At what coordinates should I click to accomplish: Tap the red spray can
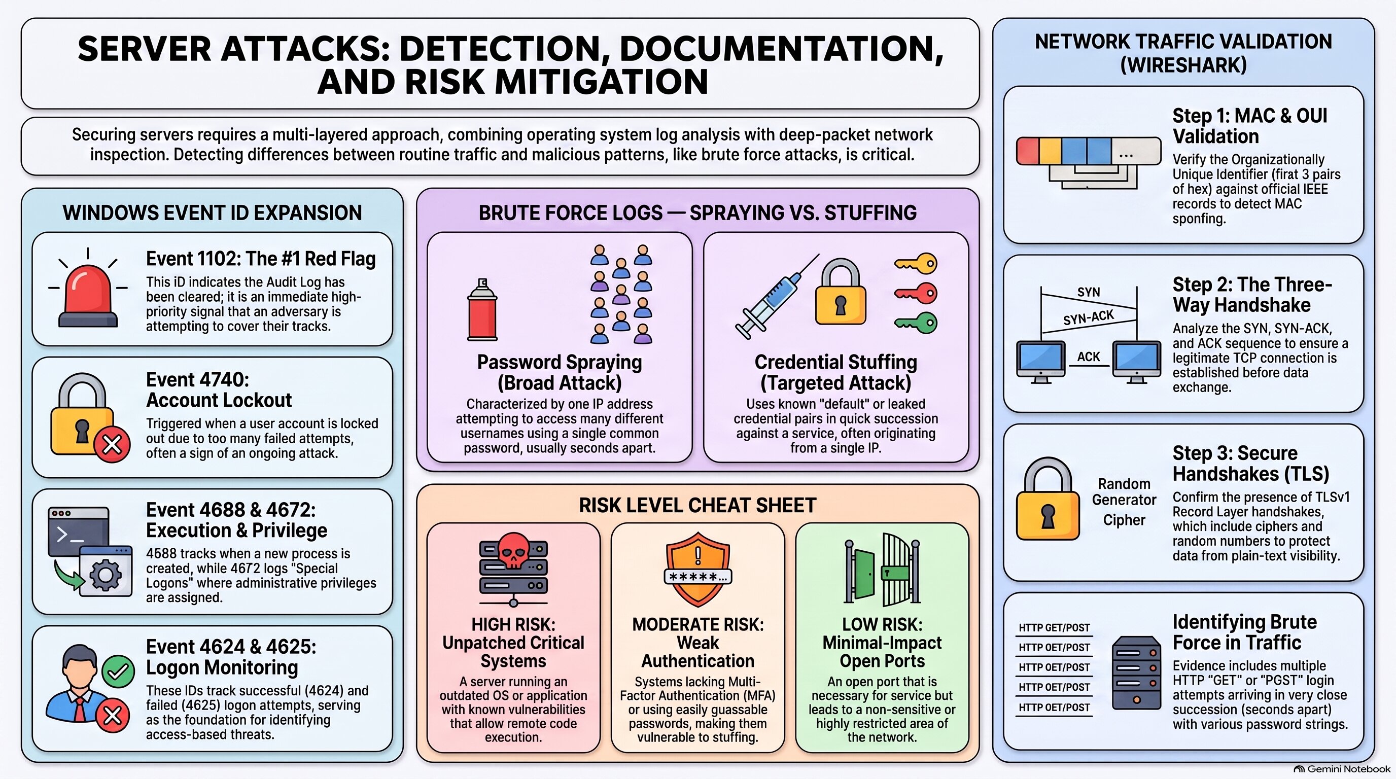click(x=482, y=310)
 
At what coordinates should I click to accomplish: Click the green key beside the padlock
click(x=915, y=323)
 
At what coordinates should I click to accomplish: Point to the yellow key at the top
click(x=915, y=264)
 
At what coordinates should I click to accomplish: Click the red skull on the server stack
click(x=513, y=550)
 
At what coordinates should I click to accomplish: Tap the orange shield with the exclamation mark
click(x=697, y=569)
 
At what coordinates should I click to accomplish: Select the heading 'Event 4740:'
click(x=197, y=380)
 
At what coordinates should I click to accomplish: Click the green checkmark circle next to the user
click(x=118, y=672)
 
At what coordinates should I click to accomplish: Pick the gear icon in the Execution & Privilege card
click(x=105, y=575)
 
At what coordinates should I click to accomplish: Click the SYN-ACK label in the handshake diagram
click(x=1088, y=317)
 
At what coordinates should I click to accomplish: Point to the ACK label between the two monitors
click(x=1088, y=357)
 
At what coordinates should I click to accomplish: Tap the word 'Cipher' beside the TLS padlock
click(x=1124, y=520)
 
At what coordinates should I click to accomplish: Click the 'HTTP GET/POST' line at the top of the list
click(x=1054, y=628)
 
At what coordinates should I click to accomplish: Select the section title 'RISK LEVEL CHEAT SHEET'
click(x=697, y=506)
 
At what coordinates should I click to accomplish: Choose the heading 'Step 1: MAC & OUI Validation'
click(x=1250, y=126)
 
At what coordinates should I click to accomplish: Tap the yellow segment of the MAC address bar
click(x=1050, y=151)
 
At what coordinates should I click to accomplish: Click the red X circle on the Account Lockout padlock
click(x=112, y=445)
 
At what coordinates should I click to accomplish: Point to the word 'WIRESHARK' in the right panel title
click(x=1183, y=65)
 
